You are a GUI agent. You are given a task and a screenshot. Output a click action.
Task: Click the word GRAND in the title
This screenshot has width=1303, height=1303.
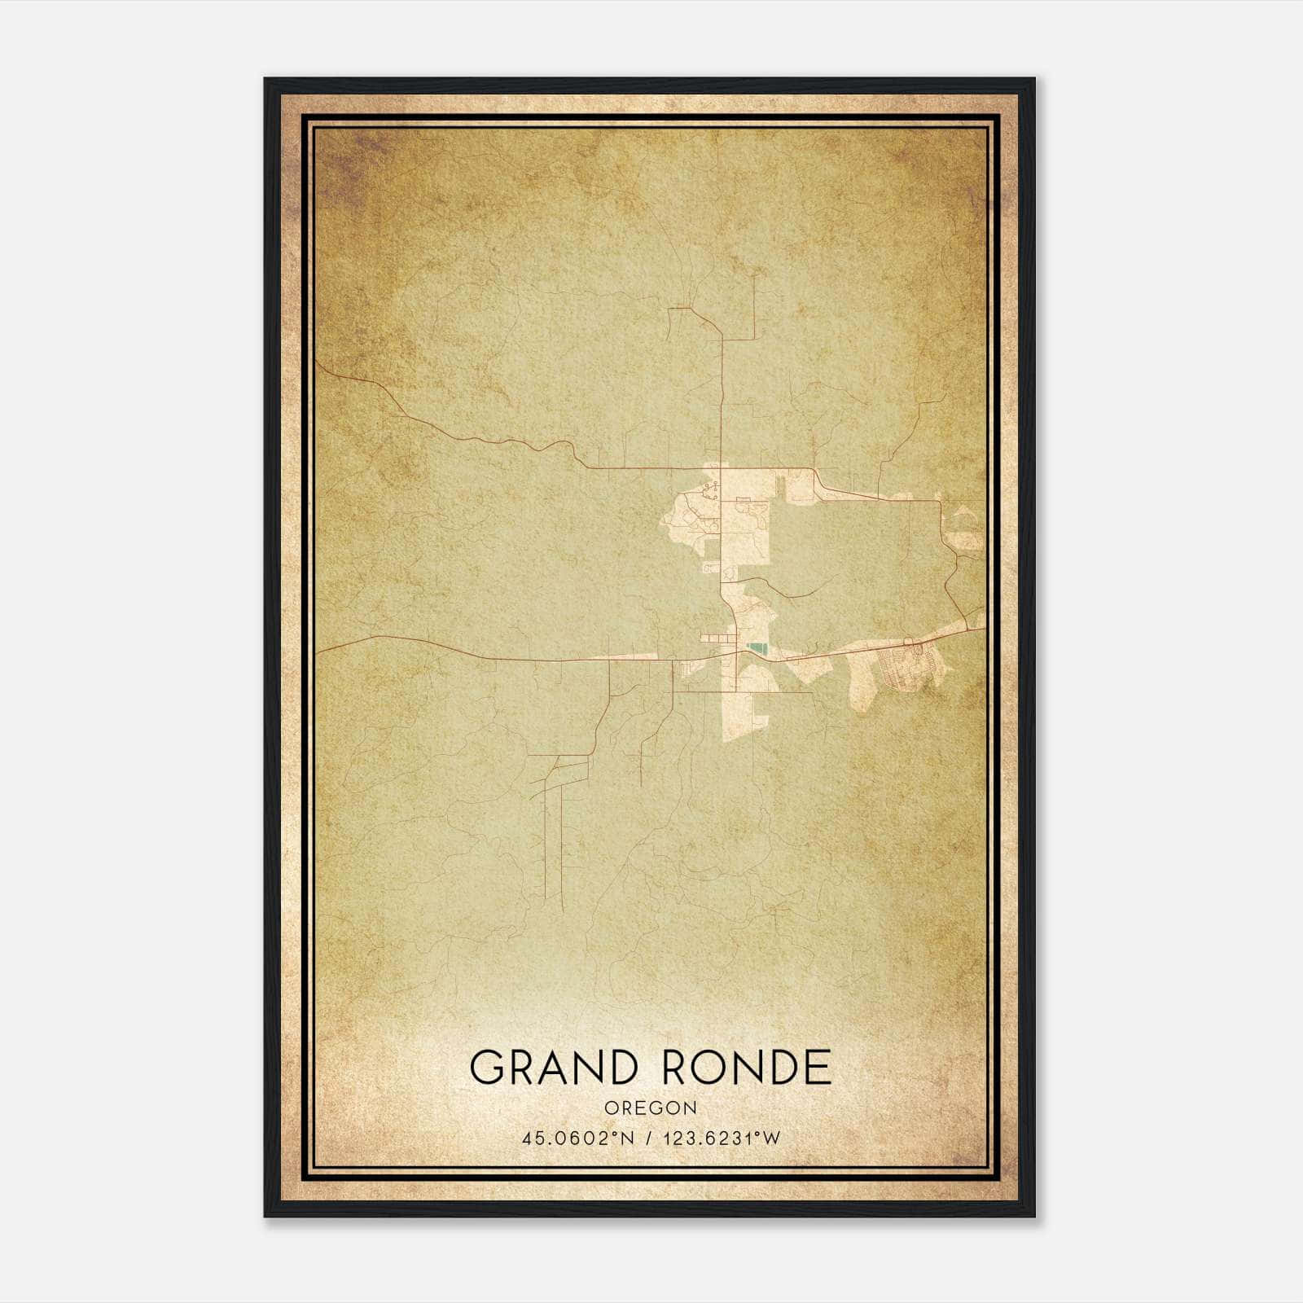click(x=553, y=1067)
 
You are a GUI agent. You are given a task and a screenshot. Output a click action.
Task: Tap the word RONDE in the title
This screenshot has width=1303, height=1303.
click(x=748, y=1067)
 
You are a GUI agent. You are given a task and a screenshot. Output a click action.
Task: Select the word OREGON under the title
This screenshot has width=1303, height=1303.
click(x=651, y=1108)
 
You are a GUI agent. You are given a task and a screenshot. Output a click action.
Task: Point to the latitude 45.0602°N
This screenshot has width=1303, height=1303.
click(x=580, y=1138)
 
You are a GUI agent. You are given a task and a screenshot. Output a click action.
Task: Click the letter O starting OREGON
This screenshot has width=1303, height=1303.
click(x=611, y=1108)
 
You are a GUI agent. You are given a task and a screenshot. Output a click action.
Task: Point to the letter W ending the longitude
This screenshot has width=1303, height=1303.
click(x=772, y=1138)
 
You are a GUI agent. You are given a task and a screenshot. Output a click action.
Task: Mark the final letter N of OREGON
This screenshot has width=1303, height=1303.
click(x=691, y=1108)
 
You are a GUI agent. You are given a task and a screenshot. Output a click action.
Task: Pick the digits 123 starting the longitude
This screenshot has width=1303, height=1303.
click(x=680, y=1138)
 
